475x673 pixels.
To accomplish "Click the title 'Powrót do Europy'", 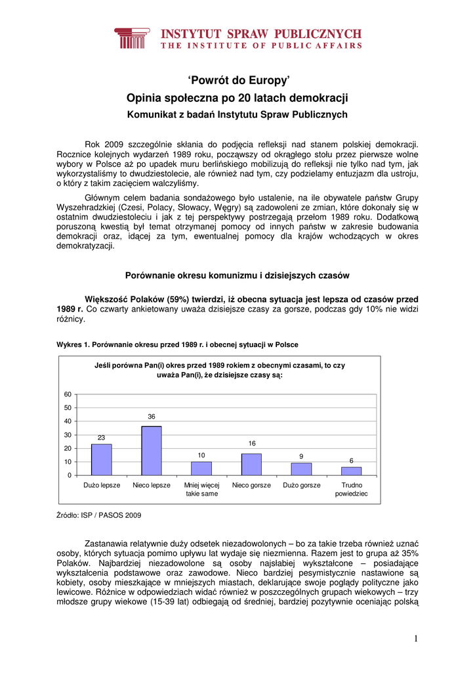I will (x=237, y=81).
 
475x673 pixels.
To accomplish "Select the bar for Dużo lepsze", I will (x=102, y=459).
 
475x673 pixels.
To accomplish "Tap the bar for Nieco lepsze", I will (x=152, y=451).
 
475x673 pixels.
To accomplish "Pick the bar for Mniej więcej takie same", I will (x=201, y=469).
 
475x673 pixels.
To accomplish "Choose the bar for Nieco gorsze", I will (x=251, y=465).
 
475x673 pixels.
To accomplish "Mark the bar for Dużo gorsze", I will (x=301, y=469).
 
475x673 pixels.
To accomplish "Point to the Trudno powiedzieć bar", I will (x=352, y=471).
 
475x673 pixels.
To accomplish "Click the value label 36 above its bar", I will (x=152, y=417).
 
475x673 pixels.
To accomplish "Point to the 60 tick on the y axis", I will (x=68, y=394).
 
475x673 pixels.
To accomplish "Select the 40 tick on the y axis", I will (x=68, y=421).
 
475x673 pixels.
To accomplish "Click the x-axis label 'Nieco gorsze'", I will (x=251, y=486).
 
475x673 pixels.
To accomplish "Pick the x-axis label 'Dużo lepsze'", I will (x=102, y=486).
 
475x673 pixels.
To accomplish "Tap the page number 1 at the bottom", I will (x=416, y=639).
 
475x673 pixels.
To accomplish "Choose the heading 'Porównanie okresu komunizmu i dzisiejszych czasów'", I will (x=237, y=275).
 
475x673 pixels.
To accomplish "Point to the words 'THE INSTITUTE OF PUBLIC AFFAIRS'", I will (x=261, y=46).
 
